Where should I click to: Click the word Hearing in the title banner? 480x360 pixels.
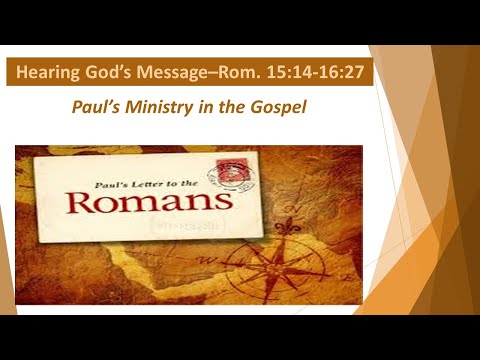[x=49, y=73]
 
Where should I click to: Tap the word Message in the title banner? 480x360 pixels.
[x=179, y=73]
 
